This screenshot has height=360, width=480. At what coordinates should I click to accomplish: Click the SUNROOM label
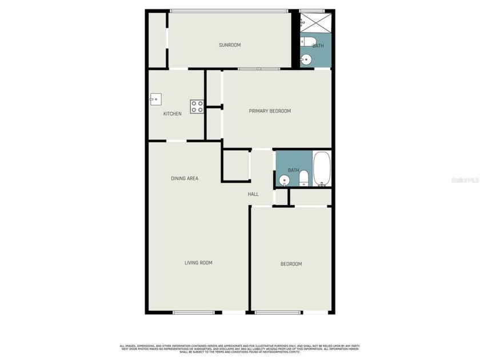[x=230, y=45]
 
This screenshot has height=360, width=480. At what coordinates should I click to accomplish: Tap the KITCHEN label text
[x=173, y=114]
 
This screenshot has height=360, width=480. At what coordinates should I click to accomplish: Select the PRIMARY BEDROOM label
[x=270, y=111]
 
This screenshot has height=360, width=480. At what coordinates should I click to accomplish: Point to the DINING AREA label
[x=185, y=178]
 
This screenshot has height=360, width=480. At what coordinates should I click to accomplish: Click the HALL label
[x=253, y=194]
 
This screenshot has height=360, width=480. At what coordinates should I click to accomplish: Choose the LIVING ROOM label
[x=198, y=263]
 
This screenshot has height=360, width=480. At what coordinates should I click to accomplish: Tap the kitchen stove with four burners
[x=197, y=106]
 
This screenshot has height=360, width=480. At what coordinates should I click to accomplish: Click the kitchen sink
[x=155, y=99]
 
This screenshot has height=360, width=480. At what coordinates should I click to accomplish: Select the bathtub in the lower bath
[x=322, y=169]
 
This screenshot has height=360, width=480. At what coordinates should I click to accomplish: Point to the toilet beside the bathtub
[x=304, y=178]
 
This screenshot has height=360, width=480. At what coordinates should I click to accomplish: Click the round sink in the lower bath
[x=284, y=181]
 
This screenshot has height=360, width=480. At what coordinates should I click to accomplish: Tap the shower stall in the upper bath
[x=314, y=22]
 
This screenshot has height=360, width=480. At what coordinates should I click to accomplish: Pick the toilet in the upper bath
[x=307, y=41]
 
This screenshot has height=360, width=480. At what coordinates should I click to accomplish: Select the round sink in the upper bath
[x=306, y=58]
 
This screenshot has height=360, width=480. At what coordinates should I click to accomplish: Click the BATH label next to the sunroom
[x=318, y=46]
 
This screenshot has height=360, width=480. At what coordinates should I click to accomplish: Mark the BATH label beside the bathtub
[x=293, y=170]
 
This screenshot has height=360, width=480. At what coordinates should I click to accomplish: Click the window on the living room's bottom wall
[x=194, y=312]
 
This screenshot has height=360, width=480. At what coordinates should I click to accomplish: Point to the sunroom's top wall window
[x=229, y=10]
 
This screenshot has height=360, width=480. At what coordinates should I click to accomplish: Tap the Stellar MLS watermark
[x=464, y=179]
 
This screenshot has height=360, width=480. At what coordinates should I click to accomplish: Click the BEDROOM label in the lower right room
[x=291, y=264]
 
